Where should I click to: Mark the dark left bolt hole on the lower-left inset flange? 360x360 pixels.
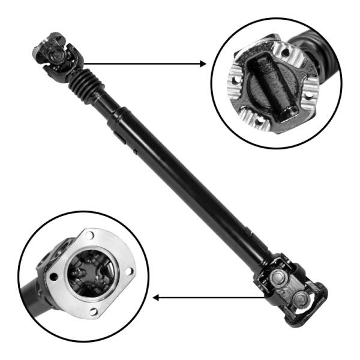pyautogui.click(x=53, y=277)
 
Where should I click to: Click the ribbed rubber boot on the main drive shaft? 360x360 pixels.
pyautogui.click(x=86, y=87)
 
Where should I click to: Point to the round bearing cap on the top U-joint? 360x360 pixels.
pyautogui.click(x=57, y=55)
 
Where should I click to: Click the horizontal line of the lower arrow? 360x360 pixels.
pyautogui.click(x=210, y=297)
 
